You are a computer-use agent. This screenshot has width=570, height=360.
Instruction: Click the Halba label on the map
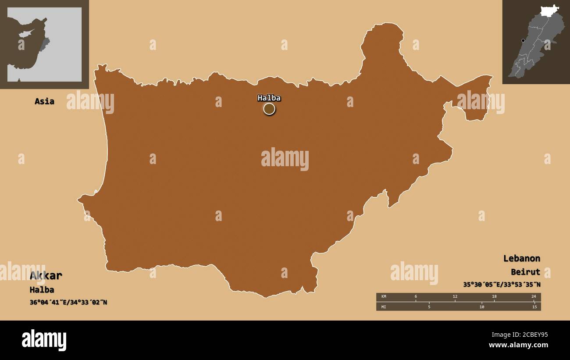click(269, 98)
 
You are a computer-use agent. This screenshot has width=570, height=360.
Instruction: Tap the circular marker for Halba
click(269, 109)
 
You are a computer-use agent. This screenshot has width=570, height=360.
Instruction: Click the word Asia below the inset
click(44, 101)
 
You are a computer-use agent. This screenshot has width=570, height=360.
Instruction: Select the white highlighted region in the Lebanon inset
click(549, 11)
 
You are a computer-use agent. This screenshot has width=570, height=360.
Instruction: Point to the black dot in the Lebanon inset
click(523, 40)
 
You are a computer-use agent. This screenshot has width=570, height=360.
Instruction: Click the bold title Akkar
click(46, 276)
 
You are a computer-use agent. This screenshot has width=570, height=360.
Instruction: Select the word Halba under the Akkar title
click(42, 290)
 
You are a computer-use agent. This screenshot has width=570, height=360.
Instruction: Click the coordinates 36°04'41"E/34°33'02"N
click(68, 303)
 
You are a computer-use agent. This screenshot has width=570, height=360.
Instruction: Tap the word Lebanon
click(521, 258)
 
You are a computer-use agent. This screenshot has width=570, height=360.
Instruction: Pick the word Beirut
click(525, 272)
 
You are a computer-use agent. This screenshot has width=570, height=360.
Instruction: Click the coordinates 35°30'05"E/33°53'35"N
click(502, 285)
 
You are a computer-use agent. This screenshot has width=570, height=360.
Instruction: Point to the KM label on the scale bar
click(384, 297)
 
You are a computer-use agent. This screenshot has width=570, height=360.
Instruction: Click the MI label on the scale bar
click(384, 307)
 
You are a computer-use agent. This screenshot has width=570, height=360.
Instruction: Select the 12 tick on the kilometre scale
click(455, 297)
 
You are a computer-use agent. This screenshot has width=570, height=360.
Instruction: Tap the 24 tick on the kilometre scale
click(534, 297)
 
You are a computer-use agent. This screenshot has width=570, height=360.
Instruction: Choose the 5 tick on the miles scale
click(429, 307)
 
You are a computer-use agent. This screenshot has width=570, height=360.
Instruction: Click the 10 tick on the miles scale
click(481, 307)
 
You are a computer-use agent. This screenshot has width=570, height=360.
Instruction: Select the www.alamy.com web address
click(518, 346)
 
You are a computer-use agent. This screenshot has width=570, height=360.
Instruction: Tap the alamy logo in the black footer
click(44, 340)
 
